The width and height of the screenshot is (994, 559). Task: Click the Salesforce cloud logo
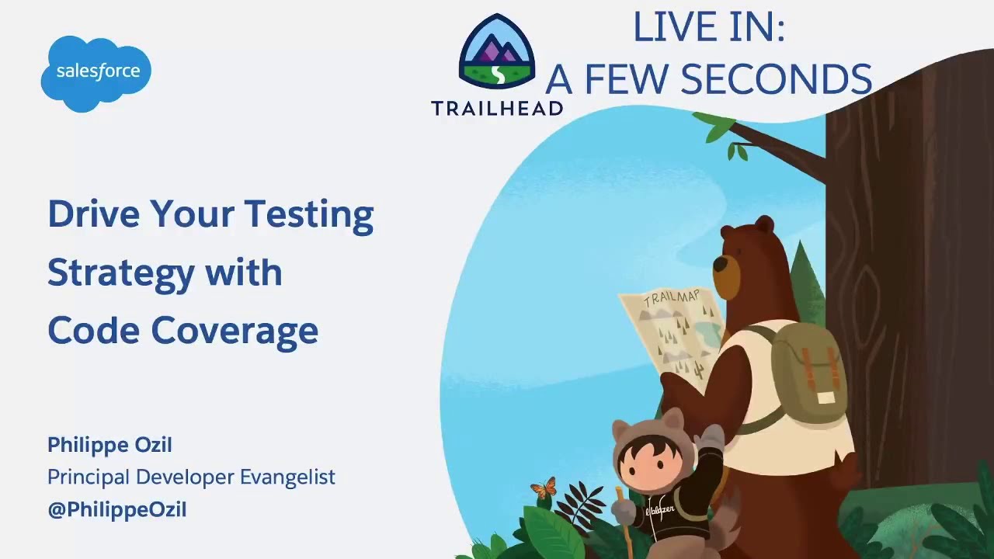tap(96, 72)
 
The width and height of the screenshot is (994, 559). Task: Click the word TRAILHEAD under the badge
tap(497, 109)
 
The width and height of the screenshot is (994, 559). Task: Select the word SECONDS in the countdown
tap(777, 79)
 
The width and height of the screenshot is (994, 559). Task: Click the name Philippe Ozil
tap(109, 445)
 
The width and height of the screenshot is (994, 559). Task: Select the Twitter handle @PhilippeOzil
tap(116, 510)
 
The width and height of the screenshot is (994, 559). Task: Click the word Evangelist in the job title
tap(287, 477)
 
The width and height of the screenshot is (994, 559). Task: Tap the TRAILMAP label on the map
tap(672, 299)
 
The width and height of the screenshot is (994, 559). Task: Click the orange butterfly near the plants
tap(544, 488)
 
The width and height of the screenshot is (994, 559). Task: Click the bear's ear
tap(764, 225)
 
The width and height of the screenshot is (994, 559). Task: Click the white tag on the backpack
tap(825, 398)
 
